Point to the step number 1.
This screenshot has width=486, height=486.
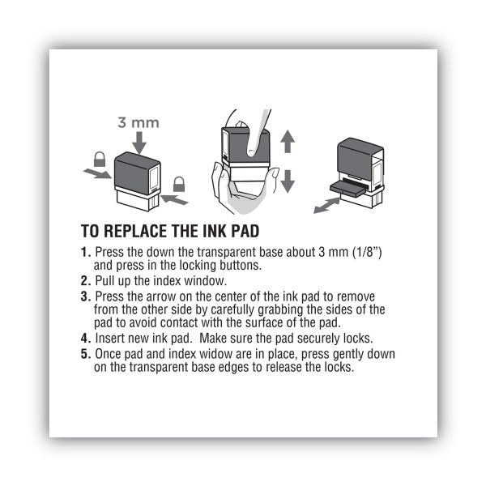point(85,254)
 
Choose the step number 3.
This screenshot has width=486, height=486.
point(85,297)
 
